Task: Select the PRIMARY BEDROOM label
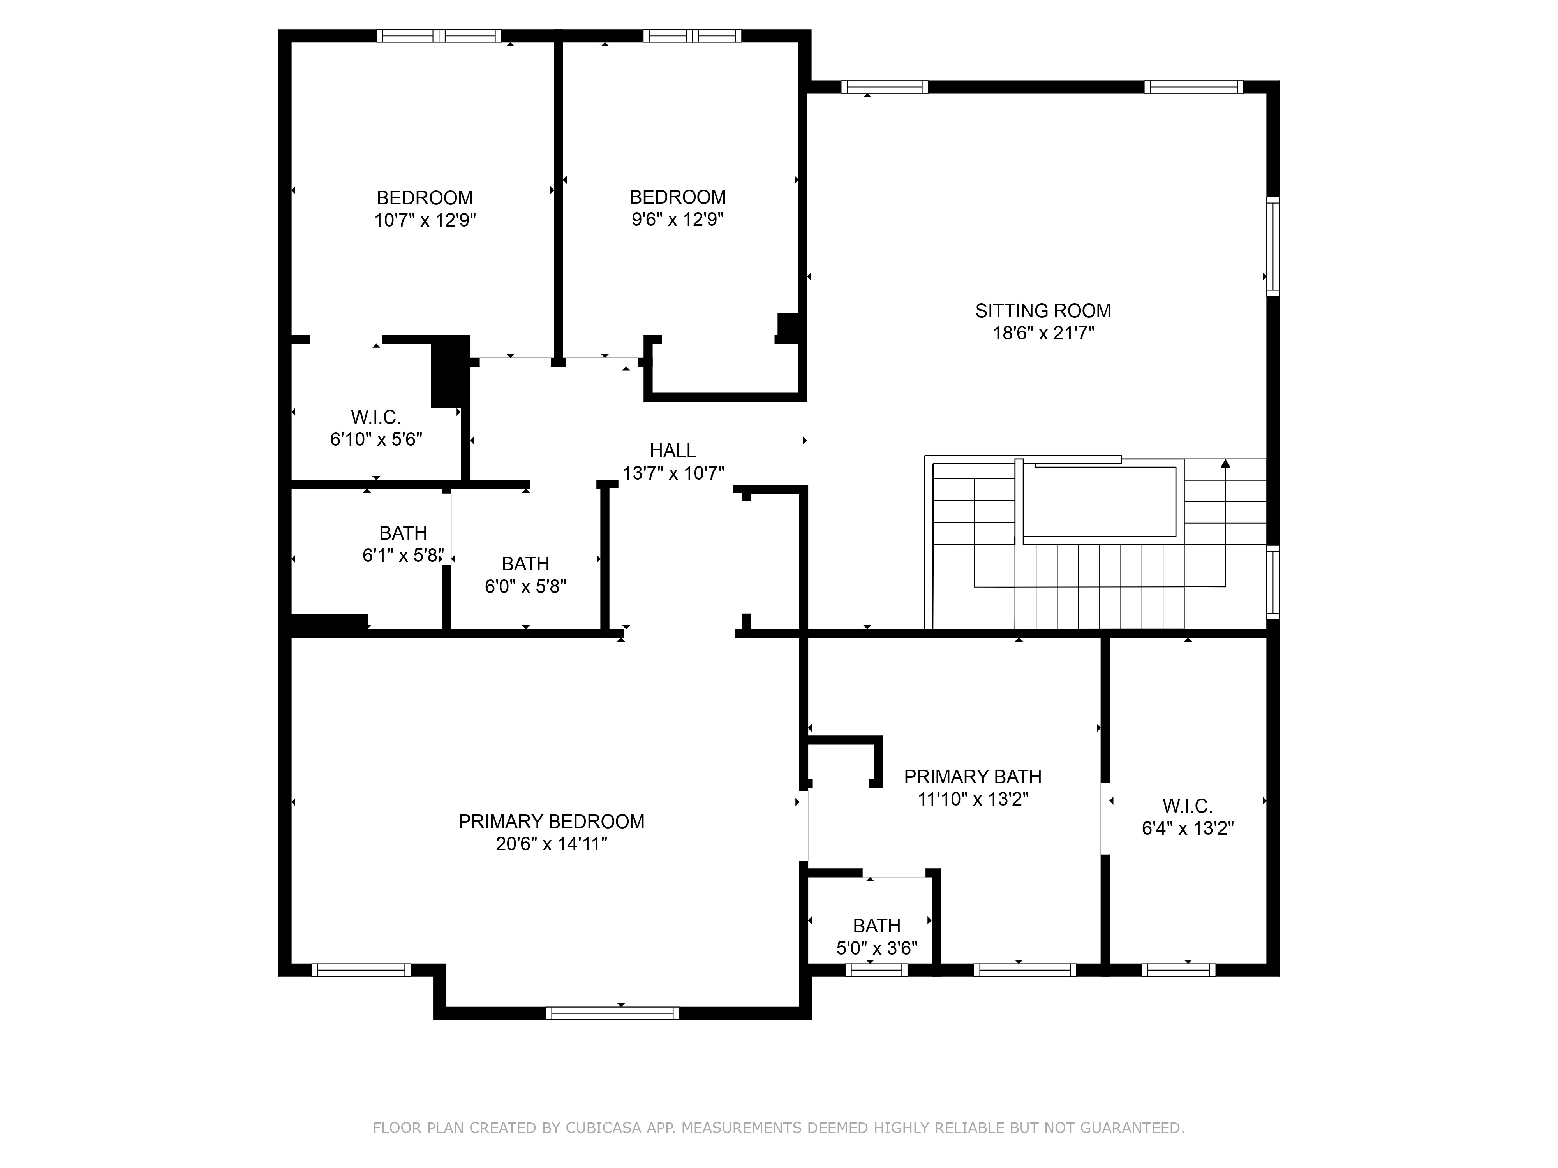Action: point(551,821)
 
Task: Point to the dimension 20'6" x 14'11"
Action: point(551,844)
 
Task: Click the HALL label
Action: point(673,450)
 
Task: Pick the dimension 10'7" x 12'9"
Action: point(425,220)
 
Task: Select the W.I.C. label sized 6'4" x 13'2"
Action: point(1188,806)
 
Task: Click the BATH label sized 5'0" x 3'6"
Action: point(876,926)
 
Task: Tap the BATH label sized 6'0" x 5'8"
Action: point(525,564)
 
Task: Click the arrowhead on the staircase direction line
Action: point(1225,463)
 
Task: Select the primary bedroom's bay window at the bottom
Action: point(612,1013)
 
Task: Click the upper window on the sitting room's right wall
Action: point(1273,246)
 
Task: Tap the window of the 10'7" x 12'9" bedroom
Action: point(439,36)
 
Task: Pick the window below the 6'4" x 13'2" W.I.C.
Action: point(1178,970)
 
